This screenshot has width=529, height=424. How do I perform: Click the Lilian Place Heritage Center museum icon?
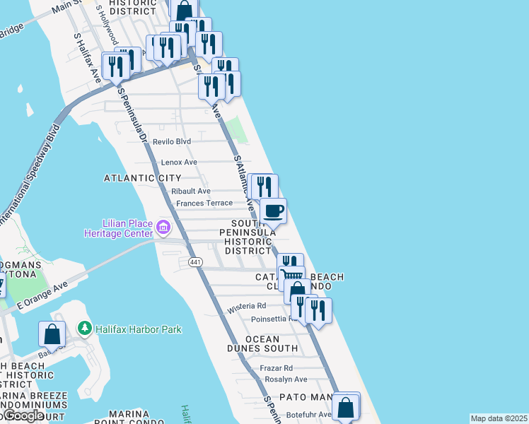point(163,227)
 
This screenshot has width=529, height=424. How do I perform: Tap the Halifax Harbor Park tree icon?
point(84,329)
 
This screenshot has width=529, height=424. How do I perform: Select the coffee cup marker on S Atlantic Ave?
point(273,210)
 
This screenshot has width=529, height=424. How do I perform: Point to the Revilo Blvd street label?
point(173,141)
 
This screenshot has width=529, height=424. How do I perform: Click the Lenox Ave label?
point(179,163)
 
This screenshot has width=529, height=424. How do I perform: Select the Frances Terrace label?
point(204,203)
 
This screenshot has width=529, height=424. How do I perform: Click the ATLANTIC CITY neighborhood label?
point(142,178)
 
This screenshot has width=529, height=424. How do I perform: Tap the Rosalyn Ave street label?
point(285,379)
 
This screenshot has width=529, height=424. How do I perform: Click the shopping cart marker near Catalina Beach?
point(291,276)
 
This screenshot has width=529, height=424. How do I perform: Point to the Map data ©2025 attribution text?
point(499,418)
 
